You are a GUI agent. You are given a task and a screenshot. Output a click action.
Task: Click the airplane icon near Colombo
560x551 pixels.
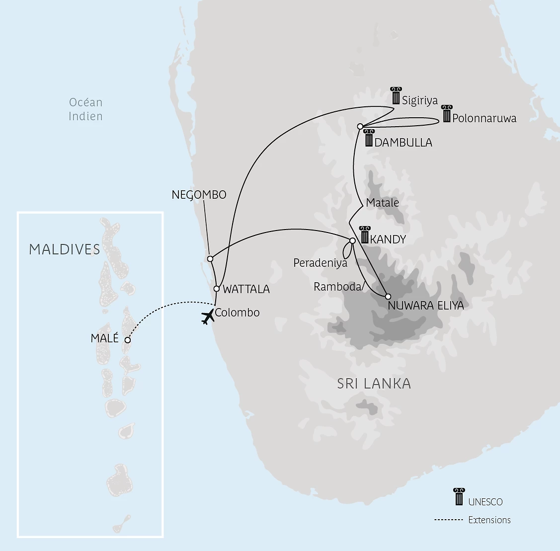[208, 317]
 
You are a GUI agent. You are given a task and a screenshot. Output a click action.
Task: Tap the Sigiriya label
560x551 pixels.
[420, 100]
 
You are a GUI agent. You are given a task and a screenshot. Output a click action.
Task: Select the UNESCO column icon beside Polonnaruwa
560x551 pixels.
[447, 114]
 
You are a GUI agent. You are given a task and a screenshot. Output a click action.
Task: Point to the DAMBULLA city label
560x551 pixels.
[403, 143]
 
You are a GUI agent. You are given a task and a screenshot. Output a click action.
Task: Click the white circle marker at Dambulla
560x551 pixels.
[360, 126]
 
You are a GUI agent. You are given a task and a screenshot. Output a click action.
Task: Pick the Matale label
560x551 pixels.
[382, 203]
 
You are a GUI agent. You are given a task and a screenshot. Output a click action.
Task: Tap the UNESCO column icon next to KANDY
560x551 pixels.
[365, 235]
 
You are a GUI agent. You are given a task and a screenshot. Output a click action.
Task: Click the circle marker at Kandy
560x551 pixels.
[352, 240]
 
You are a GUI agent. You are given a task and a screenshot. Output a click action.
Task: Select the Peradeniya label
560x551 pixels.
[320, 263]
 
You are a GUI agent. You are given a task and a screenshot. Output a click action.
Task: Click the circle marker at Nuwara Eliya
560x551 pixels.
[388, 297]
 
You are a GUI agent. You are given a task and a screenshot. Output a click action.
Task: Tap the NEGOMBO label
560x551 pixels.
[199, 195]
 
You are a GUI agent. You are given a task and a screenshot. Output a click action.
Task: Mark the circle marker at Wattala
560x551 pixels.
[217, 289]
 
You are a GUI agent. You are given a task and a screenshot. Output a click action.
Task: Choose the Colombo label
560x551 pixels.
[237, 313]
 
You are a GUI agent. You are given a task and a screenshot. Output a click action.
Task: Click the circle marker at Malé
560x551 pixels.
[128, 340]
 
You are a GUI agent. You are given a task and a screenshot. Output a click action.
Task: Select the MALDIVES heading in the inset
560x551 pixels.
[65, 249]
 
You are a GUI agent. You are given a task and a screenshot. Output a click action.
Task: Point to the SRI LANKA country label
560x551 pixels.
[374, 384]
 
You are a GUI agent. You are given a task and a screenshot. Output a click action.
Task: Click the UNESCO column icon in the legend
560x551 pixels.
[459, 497]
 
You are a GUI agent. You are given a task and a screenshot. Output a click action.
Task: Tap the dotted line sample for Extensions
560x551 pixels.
[448, 520]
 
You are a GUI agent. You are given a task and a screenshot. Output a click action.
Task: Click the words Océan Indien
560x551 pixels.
[85, 109]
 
